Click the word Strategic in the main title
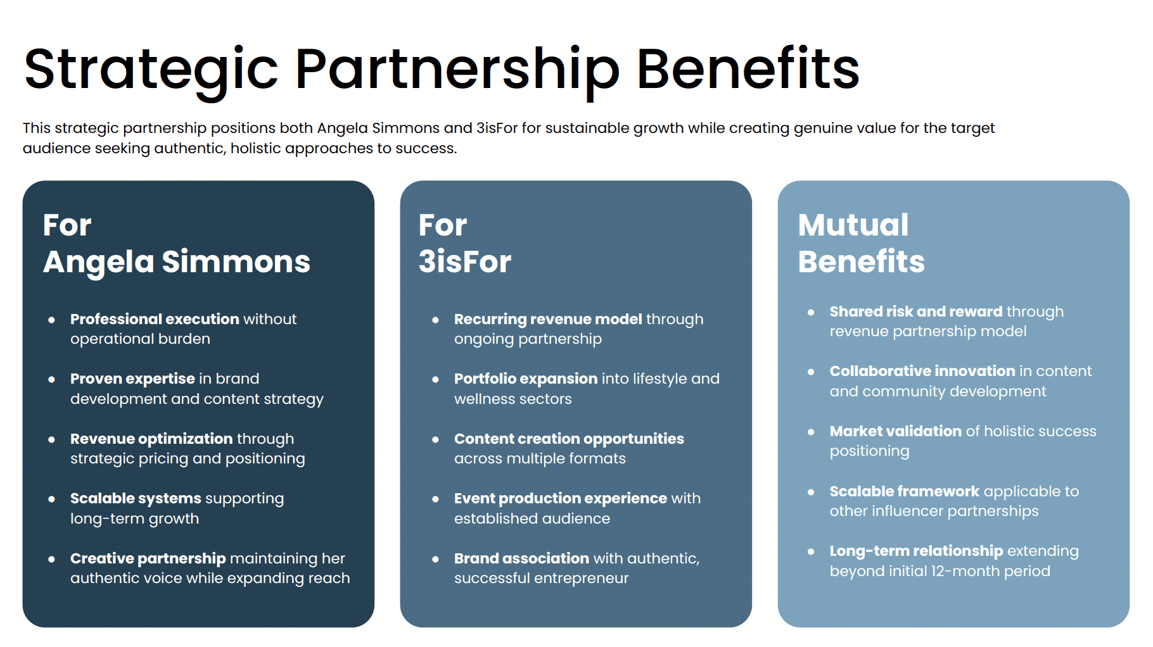click(x=151, y=70)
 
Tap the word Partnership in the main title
click(x=457, y=70)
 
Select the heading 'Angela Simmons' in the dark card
click(x=177, y=261)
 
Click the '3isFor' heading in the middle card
click(x=465, y=261)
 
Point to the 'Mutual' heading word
click(x=853, y=225)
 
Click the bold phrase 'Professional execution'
click(x=155, y=319)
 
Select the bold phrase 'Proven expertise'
click(x=132, y=379)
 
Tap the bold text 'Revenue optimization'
click(x=151, y=439)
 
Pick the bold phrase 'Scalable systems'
click(x=136, y=498)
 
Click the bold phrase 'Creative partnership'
click(x=148, y=558)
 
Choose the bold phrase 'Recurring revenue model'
click(x=548, y=319)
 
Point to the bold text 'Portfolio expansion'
click(x=526, y=379)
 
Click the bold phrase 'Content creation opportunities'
click(x=569, y=439)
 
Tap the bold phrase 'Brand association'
click(x=521, y=558)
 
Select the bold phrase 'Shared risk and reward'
click(x=916, y=311)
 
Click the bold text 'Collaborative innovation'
click(x=922, y=371)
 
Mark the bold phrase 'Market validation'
click(x=895, y=431)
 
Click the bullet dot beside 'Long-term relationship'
click(x=811, y=551)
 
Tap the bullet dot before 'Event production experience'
click(x=435, y=499)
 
